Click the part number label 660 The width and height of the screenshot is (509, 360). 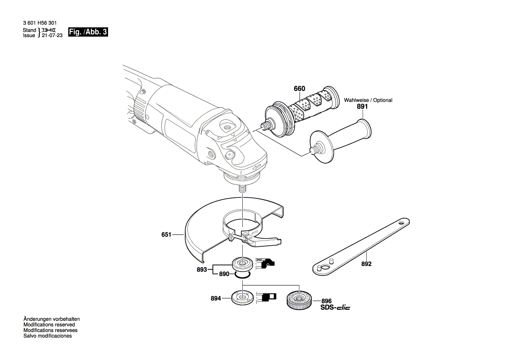click(x=299, y=88)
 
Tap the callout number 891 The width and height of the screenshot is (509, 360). click(x=362, y=106)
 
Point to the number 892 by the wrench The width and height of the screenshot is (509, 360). click(x=366, y=264)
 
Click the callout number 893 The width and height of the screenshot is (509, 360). click(x=201, y=270)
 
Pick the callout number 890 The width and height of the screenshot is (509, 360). click(x=224, y=274)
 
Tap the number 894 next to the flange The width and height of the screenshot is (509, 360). click(x=215, y=299)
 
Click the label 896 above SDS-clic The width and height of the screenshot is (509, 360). click(x=326, y=301)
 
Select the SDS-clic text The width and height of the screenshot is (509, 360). click(x=335, y=308)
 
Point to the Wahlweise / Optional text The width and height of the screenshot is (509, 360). click(x=368, y=100)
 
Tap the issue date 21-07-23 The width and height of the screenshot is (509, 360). click(x=52, y=36)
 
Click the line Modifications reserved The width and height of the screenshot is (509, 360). click(x=49, y=325)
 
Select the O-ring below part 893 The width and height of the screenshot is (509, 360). click(x=242, y=275)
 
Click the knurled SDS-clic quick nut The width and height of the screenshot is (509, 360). click(x=299, y=300)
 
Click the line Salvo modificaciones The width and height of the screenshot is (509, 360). click(x=48, y=336)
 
